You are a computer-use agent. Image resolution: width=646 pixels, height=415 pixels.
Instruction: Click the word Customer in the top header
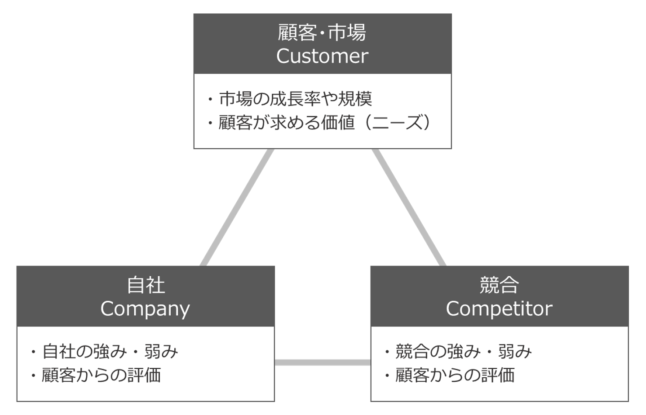click(322, 56)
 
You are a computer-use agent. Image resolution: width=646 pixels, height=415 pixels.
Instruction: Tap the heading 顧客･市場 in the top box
click(322, 33)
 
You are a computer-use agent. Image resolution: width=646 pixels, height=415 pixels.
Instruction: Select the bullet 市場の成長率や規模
click(295, 99)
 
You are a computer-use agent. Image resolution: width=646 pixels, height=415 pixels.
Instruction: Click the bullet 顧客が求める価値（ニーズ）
click(324, 123)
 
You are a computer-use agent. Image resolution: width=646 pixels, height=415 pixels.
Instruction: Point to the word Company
click(145, 309)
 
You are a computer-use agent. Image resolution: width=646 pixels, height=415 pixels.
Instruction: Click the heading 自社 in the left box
click(146, 285)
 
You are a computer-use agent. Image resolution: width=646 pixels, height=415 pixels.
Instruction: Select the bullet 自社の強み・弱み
click(110, 352)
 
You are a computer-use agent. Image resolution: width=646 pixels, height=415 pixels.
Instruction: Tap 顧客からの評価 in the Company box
click(101, 375)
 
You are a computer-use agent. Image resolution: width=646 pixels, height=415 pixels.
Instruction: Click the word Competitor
click(499, 309)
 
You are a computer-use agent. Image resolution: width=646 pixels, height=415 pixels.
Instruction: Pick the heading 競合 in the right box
click(499, 285)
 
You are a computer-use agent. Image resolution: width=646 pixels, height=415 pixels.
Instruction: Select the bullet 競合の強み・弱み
click(463, 352)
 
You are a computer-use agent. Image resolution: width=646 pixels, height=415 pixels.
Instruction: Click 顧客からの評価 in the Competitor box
click(455, 375)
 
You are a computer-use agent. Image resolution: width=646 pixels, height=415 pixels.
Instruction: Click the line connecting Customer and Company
click(237, 207)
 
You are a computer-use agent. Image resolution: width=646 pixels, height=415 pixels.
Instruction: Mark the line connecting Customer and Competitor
click(409, 207)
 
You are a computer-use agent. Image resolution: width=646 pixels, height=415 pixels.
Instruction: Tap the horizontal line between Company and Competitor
click(322, 362)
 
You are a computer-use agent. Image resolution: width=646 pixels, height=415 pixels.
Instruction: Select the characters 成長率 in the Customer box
click(295, 99)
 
